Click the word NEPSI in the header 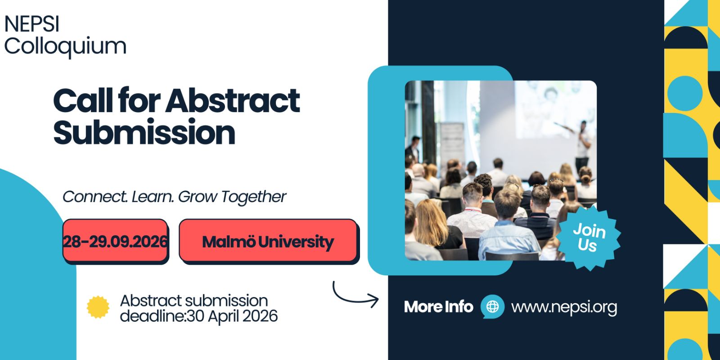click(x=32, y=24)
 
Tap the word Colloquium click(x=65, y=47)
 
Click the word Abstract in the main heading click(x=233, y=101)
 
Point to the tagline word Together click(x=254, y=197)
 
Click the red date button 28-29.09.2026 click(x=115, y=241)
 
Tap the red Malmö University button click(x=268, y=241)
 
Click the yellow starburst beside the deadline click(x=98, y=307)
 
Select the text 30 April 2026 click(x=232, y=316)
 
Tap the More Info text click(x=438, y=306)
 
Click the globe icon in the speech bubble click(x=492, y=306)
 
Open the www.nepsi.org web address click(x=564, y=307)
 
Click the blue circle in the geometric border click(x=684, y=94)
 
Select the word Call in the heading click(x=83, y=101)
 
